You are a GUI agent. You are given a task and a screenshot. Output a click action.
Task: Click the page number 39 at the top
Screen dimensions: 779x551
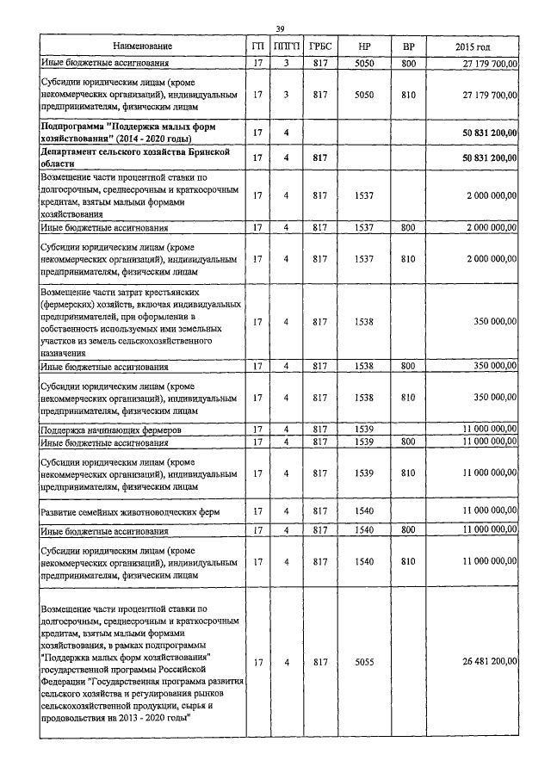point(281,30)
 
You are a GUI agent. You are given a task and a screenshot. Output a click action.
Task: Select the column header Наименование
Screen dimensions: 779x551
point(143,46)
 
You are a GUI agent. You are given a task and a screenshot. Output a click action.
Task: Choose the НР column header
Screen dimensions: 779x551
point(364,46)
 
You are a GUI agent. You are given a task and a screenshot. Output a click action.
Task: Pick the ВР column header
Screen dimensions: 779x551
point(409,46)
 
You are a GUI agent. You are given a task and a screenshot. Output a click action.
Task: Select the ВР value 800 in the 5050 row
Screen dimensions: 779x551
point(409,63)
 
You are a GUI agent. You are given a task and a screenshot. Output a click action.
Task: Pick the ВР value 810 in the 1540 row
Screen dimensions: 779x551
point(409,561)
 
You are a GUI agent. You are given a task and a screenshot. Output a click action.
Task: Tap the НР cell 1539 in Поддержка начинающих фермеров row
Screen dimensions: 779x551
point(364,428)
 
